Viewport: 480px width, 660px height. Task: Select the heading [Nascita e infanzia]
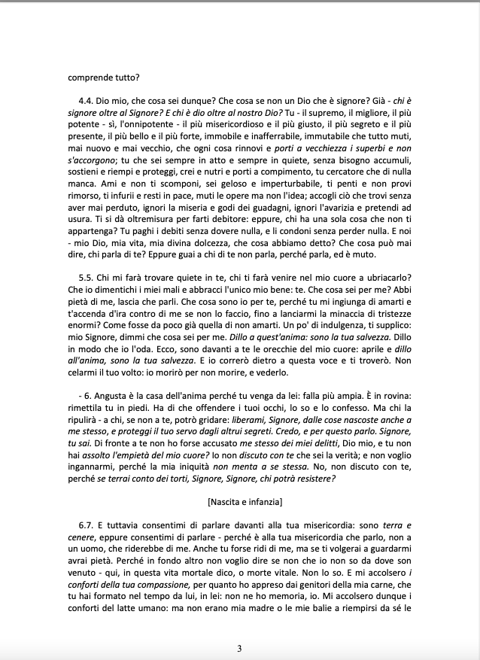click(x=239, y=501)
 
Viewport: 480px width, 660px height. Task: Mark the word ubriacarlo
click(x=382, y=278)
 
